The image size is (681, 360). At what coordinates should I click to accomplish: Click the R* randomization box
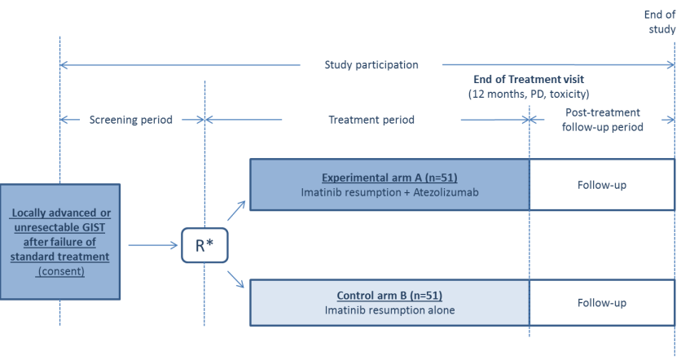(204, 245)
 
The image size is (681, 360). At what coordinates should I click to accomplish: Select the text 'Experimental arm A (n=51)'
(389, 178)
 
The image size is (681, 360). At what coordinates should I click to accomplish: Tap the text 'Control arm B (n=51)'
(389, 296)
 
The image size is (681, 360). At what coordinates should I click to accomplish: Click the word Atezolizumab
(446, 192)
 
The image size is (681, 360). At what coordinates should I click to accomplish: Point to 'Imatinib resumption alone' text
(389, 310)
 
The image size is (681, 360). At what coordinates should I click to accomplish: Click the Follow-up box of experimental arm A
(602, 185)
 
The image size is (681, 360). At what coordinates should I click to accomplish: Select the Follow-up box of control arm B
(602, 303)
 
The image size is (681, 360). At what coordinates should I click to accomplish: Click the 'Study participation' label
(371, 64)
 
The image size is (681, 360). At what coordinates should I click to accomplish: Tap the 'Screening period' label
(130, 120)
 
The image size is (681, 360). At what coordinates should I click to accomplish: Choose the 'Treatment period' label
(371, 120)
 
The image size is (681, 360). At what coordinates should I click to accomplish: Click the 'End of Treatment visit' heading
(529, 80)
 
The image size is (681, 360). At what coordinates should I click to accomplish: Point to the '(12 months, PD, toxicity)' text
(529, 94)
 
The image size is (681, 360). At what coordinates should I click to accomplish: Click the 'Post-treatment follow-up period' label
(602, 120)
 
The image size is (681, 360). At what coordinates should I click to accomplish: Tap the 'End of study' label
(661, 22)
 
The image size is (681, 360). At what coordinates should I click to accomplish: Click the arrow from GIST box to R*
(153, 245)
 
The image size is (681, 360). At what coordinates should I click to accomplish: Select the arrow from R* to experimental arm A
(236, 211)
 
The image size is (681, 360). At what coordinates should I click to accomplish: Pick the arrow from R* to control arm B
(236, 279)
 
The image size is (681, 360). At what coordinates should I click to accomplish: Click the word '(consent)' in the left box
(61, 271)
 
